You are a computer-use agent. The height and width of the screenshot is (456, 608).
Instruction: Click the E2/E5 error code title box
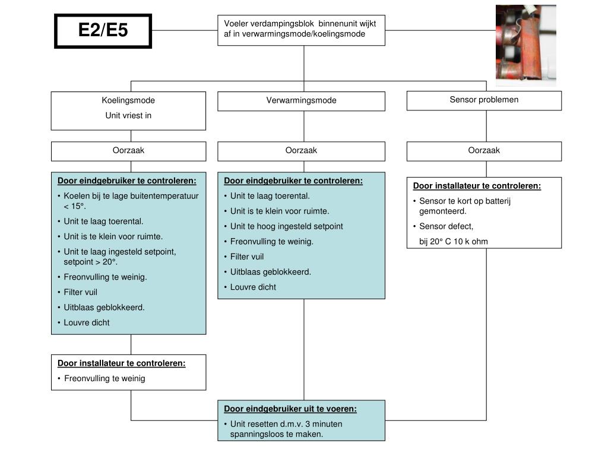point(103,30)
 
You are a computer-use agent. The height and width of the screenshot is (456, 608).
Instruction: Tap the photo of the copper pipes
point(525,45)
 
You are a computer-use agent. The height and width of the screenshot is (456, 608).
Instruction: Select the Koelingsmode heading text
point(128,100)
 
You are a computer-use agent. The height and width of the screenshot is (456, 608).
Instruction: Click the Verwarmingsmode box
point(301,101)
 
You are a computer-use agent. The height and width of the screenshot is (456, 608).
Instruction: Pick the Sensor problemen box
point(484,100)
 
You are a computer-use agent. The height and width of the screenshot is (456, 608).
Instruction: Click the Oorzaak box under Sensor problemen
point(484,151)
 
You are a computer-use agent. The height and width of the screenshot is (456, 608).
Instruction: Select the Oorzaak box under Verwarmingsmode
point(301,151)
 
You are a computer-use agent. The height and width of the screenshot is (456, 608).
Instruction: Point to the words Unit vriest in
point(128,116)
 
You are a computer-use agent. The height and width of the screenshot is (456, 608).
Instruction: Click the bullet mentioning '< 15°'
point(131,201)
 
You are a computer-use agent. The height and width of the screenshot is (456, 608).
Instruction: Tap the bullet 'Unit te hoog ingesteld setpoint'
point(286,226)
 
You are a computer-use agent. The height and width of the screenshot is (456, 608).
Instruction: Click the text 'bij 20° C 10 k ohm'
point(454,242)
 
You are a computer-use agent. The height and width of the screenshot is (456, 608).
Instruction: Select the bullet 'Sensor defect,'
point(446,226)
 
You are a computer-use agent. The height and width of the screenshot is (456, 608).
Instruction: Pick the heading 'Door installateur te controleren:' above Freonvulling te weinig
point(122,363)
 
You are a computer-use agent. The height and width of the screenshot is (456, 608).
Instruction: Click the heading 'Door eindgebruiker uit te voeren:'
point(290,409)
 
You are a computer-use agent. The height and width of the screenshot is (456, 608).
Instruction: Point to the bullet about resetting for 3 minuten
point(286,429)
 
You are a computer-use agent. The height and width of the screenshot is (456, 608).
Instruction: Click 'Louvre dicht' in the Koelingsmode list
point(87,322)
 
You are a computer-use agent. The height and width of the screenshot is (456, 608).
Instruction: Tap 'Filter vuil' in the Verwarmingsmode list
point(247,256)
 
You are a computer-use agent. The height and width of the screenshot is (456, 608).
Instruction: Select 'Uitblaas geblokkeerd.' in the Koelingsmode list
point(104,307)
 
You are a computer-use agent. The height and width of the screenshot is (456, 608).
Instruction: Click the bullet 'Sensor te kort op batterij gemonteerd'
point(464,205)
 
